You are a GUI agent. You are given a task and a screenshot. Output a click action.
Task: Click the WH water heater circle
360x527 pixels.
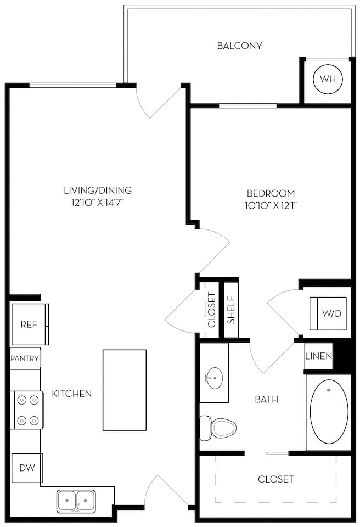[x=328, y=79]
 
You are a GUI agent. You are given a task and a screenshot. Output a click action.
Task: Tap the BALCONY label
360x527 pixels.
[x=239, y=46]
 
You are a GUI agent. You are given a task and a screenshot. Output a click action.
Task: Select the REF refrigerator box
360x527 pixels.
[x=29, y=324]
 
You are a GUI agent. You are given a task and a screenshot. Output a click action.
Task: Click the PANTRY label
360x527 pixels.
[x=25, y=359]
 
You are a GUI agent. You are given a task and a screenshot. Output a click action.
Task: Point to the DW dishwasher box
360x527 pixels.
[x=27, y=468]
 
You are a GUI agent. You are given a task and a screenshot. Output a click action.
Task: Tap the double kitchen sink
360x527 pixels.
[x=76, y=500]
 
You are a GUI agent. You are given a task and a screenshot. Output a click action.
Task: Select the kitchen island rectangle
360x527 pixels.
[x=125, y=390]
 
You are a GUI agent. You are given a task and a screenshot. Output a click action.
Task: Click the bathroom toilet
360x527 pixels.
[x=218, y=427]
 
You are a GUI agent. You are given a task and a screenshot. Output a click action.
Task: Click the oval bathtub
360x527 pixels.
[x=329, y=411]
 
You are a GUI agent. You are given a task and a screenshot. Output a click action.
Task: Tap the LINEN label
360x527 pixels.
[x=319, y=356]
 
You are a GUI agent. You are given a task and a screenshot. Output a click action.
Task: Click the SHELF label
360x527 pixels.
[x=231, y=310]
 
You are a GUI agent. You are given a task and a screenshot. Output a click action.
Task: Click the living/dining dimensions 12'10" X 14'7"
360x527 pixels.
[x=98, y=203]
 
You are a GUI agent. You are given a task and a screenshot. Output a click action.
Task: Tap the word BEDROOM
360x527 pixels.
[x=271, y=193]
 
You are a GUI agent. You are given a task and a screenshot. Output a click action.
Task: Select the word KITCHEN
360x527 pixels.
[x=72, y=394]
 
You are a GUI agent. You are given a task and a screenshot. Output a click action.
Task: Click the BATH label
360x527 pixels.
[x=266, y=399]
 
